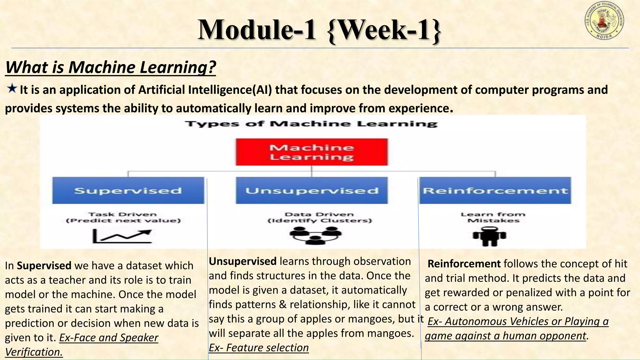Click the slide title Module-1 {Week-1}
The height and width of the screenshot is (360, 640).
[319, 30]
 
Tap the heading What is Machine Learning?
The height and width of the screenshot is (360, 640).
[111, 67]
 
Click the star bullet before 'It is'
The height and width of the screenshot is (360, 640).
[12, 89]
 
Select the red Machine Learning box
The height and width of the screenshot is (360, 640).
[312, 152]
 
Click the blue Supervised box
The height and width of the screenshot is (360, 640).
[128, 191]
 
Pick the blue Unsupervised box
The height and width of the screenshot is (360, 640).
[312, 191]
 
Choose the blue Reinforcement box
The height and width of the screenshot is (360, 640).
[495, 191]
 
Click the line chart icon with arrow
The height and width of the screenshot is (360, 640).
[122, 236]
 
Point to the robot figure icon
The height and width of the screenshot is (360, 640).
[489, 237]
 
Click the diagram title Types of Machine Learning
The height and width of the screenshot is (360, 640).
[311, 124]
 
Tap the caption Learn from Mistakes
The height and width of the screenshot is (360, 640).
[493, 217]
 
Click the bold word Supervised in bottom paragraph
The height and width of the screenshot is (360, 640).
[44, 266]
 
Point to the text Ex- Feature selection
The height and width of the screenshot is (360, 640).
[258, 347]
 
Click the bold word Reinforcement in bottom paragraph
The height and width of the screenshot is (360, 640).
[464, 264]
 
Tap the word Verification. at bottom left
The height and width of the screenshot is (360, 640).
[34, 352]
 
